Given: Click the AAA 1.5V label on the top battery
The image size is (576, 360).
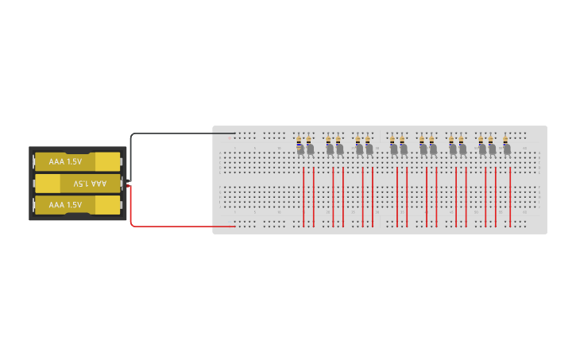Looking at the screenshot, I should [65, 161].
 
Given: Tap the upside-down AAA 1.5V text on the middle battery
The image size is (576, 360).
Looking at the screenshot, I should [89, 184].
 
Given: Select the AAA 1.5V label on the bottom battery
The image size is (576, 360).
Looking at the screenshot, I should [65, 205].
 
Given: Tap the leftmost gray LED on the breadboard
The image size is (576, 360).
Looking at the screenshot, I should [300, 150].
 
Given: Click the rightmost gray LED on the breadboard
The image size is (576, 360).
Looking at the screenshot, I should [506, 149].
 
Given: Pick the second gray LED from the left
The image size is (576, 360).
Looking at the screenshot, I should [310, 149].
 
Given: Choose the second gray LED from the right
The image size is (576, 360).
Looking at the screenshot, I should [492, 149].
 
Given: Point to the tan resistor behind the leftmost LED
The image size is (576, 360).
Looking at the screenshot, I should [298, 141].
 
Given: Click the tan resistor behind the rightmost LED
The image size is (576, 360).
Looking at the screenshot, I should [504, 141].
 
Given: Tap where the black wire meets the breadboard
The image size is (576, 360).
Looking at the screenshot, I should [234, 134].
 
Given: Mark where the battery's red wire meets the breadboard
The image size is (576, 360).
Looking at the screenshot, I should [234, 226].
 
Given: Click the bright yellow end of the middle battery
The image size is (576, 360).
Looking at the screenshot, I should [48, 184].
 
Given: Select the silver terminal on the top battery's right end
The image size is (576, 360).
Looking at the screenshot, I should [122, 161].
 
